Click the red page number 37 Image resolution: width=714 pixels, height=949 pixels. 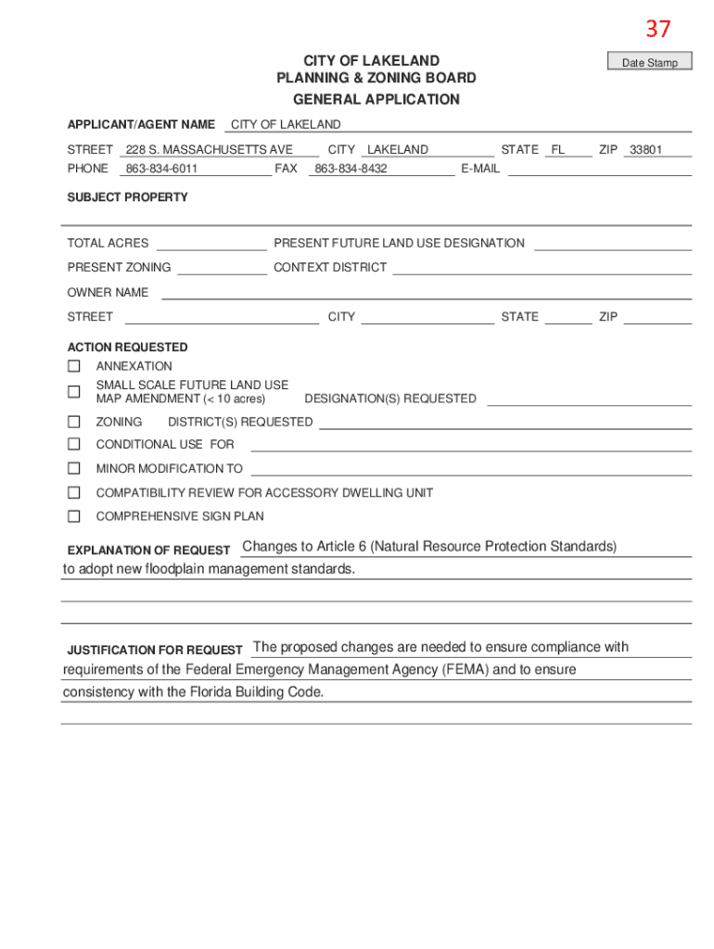(657, 30)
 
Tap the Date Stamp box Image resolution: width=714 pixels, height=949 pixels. (649, 63)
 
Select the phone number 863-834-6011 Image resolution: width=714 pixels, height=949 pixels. (161, 169)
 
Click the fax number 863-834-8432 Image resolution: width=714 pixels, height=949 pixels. (351, 169)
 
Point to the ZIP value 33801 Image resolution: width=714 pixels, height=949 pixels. (645, 149)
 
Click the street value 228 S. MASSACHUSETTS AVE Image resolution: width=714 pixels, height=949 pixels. (210, 149)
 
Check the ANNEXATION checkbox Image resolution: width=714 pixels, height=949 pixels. (74, 366)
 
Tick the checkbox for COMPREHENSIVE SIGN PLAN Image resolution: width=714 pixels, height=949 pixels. (74, 516)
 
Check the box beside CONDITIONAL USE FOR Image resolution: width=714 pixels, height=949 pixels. (74, 444)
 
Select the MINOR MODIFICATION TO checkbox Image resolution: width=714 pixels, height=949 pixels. (74, 468)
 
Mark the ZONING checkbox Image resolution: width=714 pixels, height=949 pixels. (74, 422)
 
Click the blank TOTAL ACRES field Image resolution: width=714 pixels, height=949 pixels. (211, 244)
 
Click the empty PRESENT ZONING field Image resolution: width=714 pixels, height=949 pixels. (222, 268)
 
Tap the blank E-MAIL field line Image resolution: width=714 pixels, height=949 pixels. (599, 169)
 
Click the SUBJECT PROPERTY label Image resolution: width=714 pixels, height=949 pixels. (127, 197)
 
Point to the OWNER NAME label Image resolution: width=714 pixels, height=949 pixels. (108, 292)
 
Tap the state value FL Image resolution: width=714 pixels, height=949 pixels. (558, 149)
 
